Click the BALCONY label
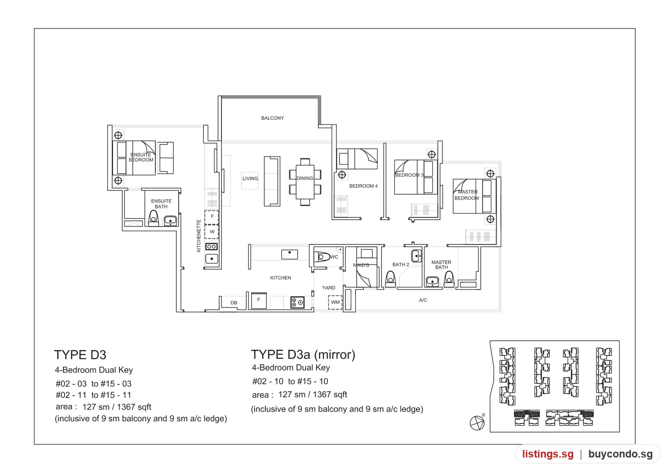[x=272, y=118]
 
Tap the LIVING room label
[x=250, y=178]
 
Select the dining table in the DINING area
[x=305, y=182]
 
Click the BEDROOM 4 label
[x=363, y=186]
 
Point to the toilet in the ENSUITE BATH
[x=153, y=219]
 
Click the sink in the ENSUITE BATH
[x=170, y=221]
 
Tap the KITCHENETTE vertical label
[x=198, y=236]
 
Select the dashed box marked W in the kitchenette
[x=211, y=232]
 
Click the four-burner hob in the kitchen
[x=297, y=302]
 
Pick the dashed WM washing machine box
[x=335, y=302]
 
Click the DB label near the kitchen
[x=234, y=303]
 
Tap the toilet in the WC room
[x=322, y=257]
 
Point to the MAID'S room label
[x=361, y=265]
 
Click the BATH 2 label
[x=400, y=265]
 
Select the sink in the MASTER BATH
[x=432, y=281]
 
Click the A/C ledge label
[x=423, y=300]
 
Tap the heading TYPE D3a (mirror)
[x=303, y=355]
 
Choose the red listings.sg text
[x=548, y=454]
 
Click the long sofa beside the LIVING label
[x=272, y=181]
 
